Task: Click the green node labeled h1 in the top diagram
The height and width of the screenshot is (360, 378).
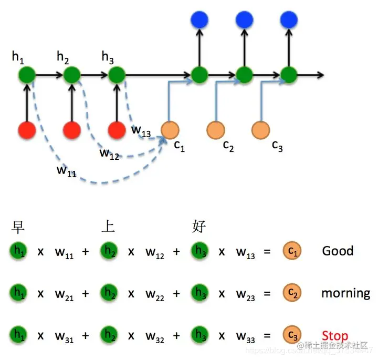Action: click(x=27, y=75)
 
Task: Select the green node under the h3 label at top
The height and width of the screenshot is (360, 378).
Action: click(x=117, y=75)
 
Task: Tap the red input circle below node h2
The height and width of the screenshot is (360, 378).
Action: click(x=72, y=130)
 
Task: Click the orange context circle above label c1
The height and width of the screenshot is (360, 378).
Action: click(x=170, y=129)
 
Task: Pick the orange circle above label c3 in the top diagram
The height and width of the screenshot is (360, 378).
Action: click(x=260, y=129)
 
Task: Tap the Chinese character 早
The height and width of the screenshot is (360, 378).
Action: click(x=18, y=227)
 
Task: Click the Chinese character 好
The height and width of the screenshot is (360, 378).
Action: click(x=199, y=227)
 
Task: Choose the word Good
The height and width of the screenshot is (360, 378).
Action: click(x=338, y=251)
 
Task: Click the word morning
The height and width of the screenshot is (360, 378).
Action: click(x=345, y=293)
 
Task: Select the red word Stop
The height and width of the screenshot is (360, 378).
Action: click(x=334, y=335)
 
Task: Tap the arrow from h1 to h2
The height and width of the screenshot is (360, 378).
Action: click(x=49, y=75)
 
